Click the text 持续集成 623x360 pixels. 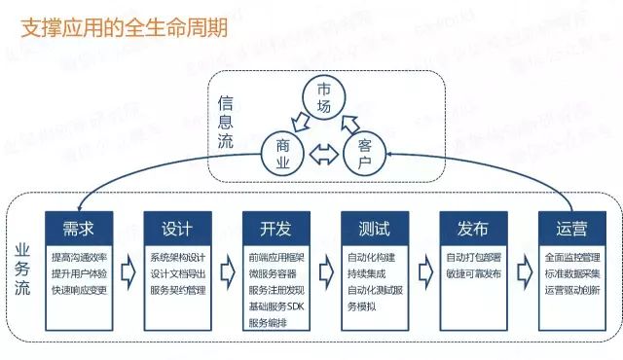click(365, 274)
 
